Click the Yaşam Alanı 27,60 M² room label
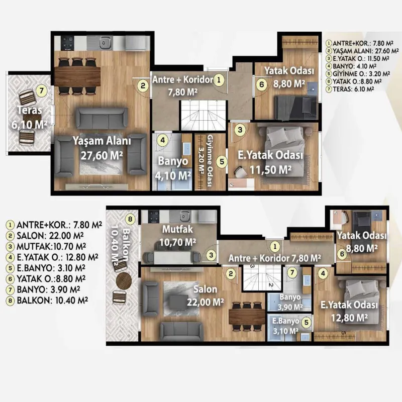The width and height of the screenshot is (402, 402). (102, 148)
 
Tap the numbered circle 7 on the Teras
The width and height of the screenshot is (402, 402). (42, 91)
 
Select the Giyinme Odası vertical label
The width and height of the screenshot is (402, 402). (210, 161)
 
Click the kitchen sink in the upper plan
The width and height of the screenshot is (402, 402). (104, 43)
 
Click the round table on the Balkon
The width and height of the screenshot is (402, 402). (124, 281)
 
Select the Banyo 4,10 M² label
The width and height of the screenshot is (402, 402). (173, 168)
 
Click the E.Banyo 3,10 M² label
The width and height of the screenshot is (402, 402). (285, 326)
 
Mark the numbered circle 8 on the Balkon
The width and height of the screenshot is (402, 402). (130, 219)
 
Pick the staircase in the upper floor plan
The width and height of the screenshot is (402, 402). (204, 116)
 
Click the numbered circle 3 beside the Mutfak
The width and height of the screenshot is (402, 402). (211, 255)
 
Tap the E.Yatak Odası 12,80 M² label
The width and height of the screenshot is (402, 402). (349, 312)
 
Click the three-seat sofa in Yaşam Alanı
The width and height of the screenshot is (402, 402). (103, 118)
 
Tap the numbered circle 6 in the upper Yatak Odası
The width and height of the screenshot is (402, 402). (261, 84)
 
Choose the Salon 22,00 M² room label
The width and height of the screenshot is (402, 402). (206, 295)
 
